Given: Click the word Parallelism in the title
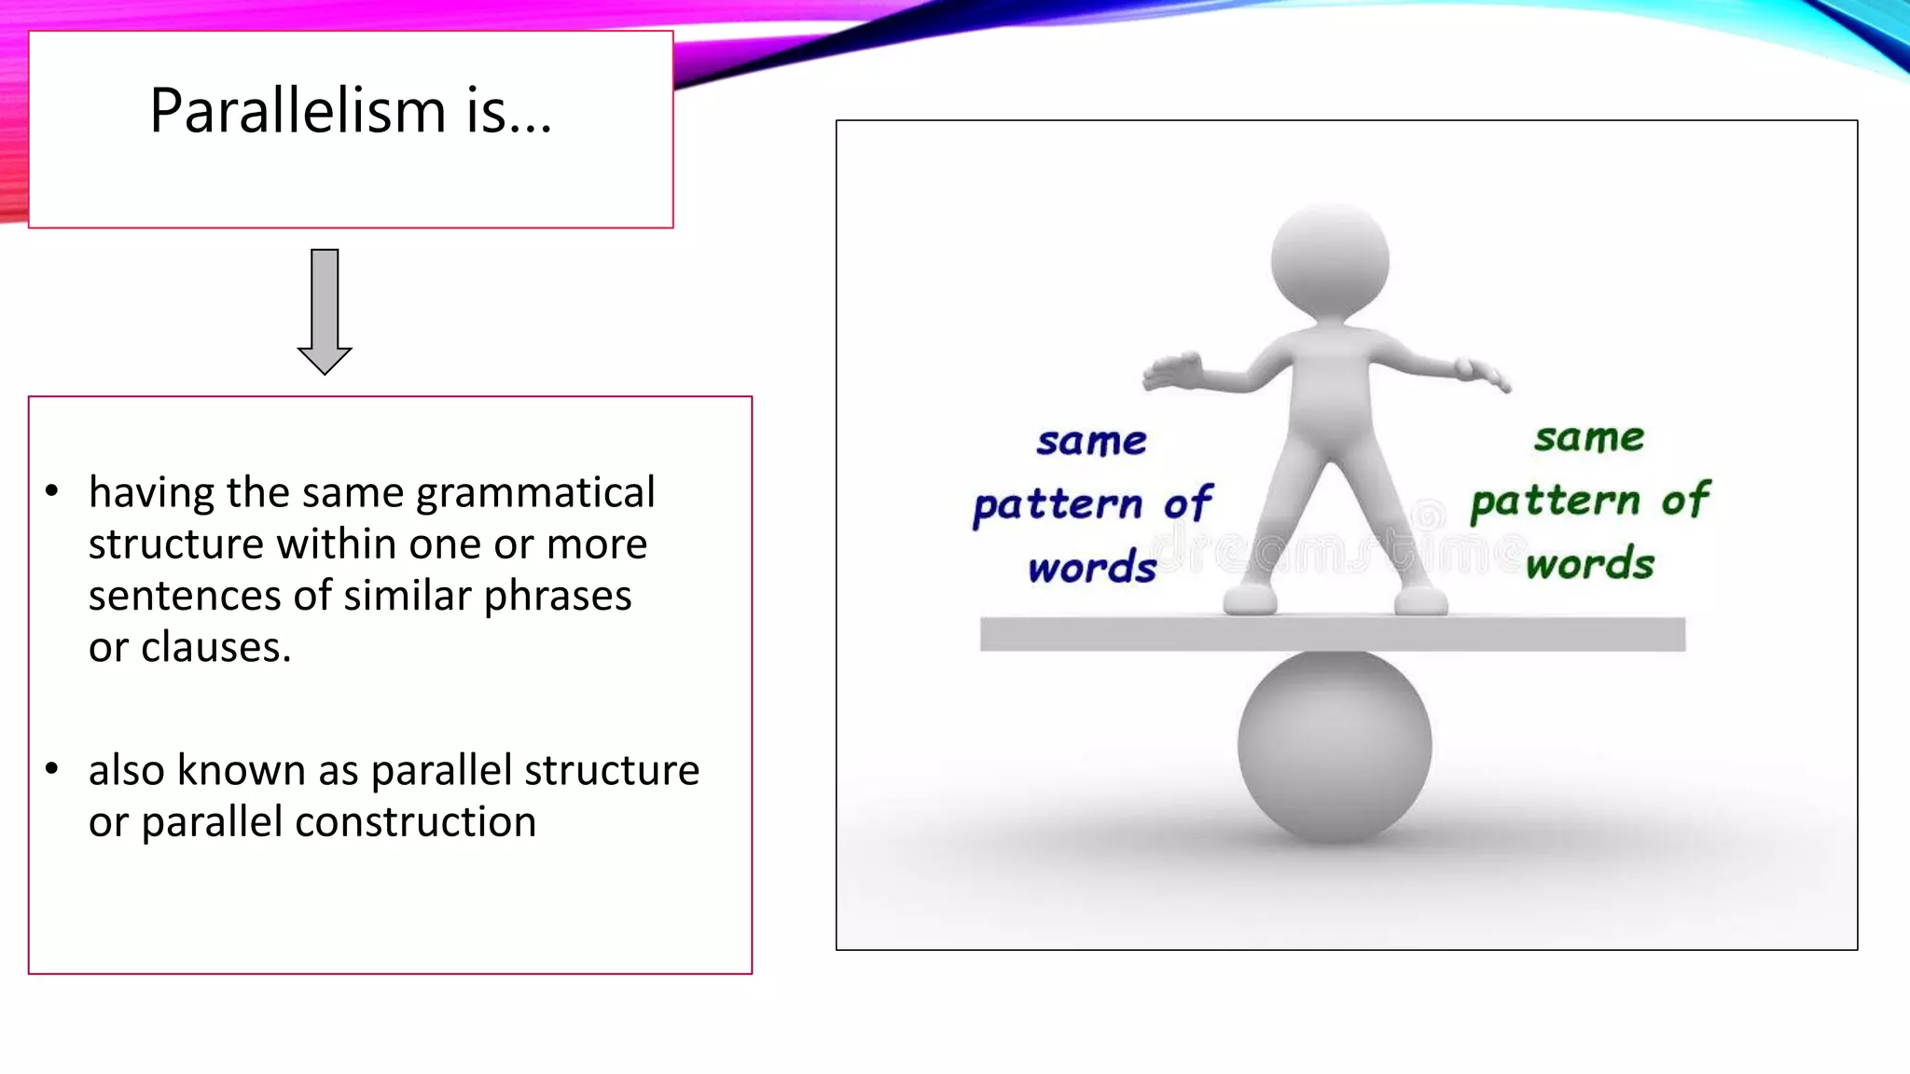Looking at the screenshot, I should coord(298,111).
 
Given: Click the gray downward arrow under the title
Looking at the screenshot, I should coord(325,312).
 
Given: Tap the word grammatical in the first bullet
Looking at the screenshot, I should coord(535,493).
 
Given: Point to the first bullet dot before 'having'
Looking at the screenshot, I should coord(52,490).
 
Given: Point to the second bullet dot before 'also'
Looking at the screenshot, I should coord(52,769).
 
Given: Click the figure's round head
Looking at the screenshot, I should coord(1330,261).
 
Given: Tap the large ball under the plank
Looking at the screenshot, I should coord(1334,746).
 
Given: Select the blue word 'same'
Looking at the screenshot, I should coord(1091,442).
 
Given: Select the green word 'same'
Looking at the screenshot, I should coord(1589,438).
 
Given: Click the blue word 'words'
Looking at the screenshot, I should coord(1092,568).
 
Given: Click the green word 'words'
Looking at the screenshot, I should coord(1590,564).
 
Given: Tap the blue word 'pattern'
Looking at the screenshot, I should coord(1058,506).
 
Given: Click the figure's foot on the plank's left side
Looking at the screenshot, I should coord(1250,599).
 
